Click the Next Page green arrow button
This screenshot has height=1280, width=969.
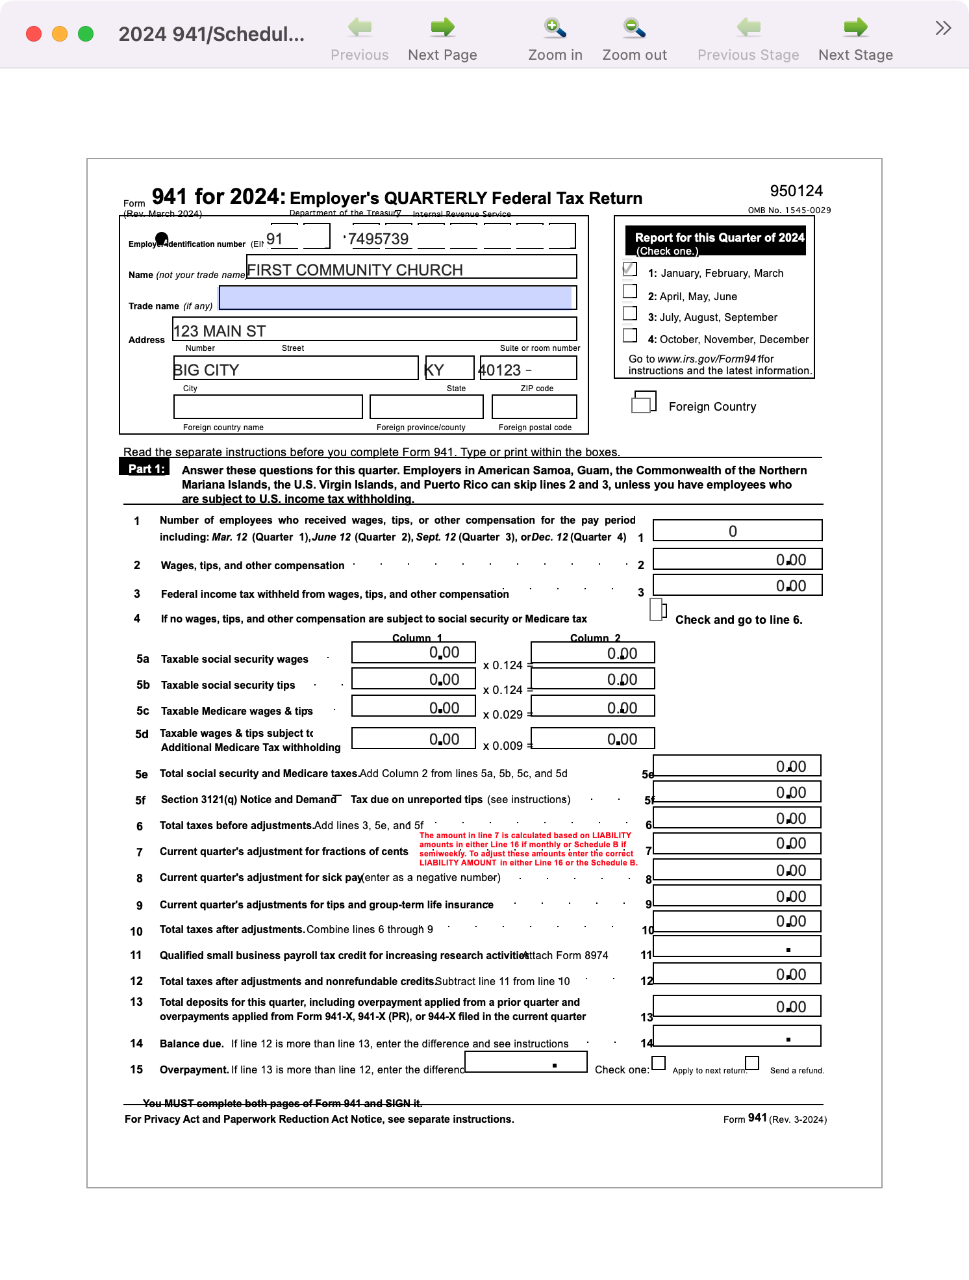click(x=442, y=28)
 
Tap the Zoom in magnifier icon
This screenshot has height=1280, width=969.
click(x=555, y=28)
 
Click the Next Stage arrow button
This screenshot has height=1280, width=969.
click(x=855, y=28)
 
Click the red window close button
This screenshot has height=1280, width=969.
click(x=34, y=34)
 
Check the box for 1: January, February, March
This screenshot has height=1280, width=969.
click(x=629, y=268)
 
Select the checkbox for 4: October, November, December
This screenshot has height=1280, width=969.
click(x=629, y=335)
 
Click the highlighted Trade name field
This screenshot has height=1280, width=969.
click(x=397, y=298)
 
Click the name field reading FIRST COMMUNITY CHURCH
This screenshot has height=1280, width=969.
click(x=411, y=267)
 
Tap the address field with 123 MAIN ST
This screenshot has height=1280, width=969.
click(x=374, y=329)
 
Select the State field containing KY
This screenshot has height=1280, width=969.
click(x=449, y=368)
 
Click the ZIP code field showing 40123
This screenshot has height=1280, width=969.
click(x=528, y=368)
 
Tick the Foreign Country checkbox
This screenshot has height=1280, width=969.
click(x=643, y=403)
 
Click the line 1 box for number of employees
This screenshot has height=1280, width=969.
click(x=737, y=531)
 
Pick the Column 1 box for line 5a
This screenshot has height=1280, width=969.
click(x=414, y=652)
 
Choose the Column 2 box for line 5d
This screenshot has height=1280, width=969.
click(x=592, y=739)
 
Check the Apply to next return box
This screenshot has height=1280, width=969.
click(x=659, y=1063)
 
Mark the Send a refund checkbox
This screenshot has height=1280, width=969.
click(x=752, y=1063)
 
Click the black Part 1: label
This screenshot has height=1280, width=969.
click(x=144, y=468)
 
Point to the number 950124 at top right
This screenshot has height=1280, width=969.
click(x=796, y=191)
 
